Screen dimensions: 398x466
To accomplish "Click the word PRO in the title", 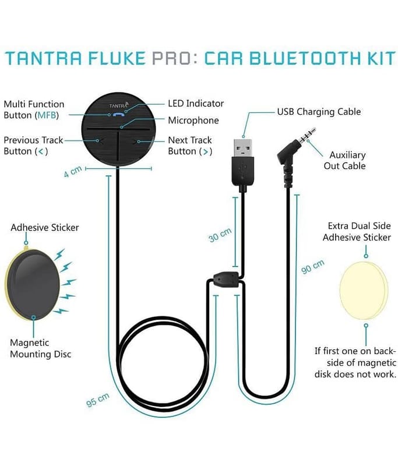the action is click(x=171, y=58).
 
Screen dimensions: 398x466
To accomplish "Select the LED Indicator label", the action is click(x=196, y=104).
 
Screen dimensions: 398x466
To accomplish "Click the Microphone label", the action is click(x=193, y=121).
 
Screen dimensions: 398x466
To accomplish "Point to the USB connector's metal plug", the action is click(x=242, y=148).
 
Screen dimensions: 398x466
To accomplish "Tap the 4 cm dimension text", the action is click(x=73, y=171).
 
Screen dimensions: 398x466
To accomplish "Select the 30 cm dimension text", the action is click(x=220, y=235).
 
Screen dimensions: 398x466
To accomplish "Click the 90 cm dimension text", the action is click(x=312, y=267).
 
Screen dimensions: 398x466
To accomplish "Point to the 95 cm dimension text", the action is click(x=98, y=400).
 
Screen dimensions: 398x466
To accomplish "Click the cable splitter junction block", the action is click(x=226, y=280).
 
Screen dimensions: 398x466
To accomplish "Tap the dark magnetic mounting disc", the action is click(x=33, y=285).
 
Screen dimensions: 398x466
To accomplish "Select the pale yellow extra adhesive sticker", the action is click(x=364, y=291).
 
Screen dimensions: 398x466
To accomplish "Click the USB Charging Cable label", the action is click(x=319, y=112).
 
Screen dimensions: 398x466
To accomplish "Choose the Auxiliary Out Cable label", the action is click(x=345, y=161).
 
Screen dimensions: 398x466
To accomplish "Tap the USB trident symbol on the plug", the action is click(x=242, y=170).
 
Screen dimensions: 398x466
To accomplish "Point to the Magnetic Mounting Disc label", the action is click(x=40, y=348).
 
